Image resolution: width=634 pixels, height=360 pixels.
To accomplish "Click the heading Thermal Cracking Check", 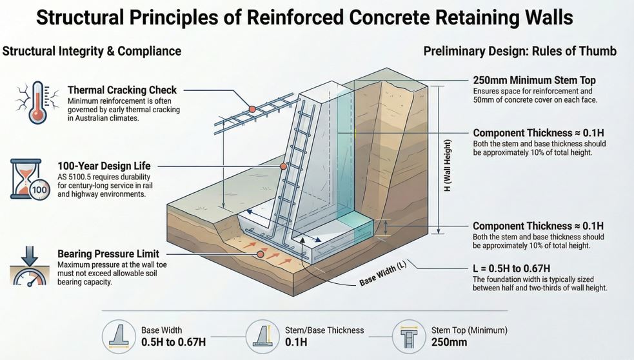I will [122, 90].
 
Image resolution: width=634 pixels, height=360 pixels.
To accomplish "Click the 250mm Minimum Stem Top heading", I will [534, 81].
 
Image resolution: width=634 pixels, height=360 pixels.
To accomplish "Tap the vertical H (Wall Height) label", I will [448, 165].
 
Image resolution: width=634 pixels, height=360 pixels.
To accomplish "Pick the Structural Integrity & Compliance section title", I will [92, 51].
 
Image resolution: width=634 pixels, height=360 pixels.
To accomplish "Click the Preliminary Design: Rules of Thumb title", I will [520, 51].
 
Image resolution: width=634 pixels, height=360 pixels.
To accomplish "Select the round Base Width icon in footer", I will [120, 335].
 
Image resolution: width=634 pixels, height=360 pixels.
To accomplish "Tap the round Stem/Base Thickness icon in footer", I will [263, 335].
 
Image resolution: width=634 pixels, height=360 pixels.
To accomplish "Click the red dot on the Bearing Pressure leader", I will [260, 254].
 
